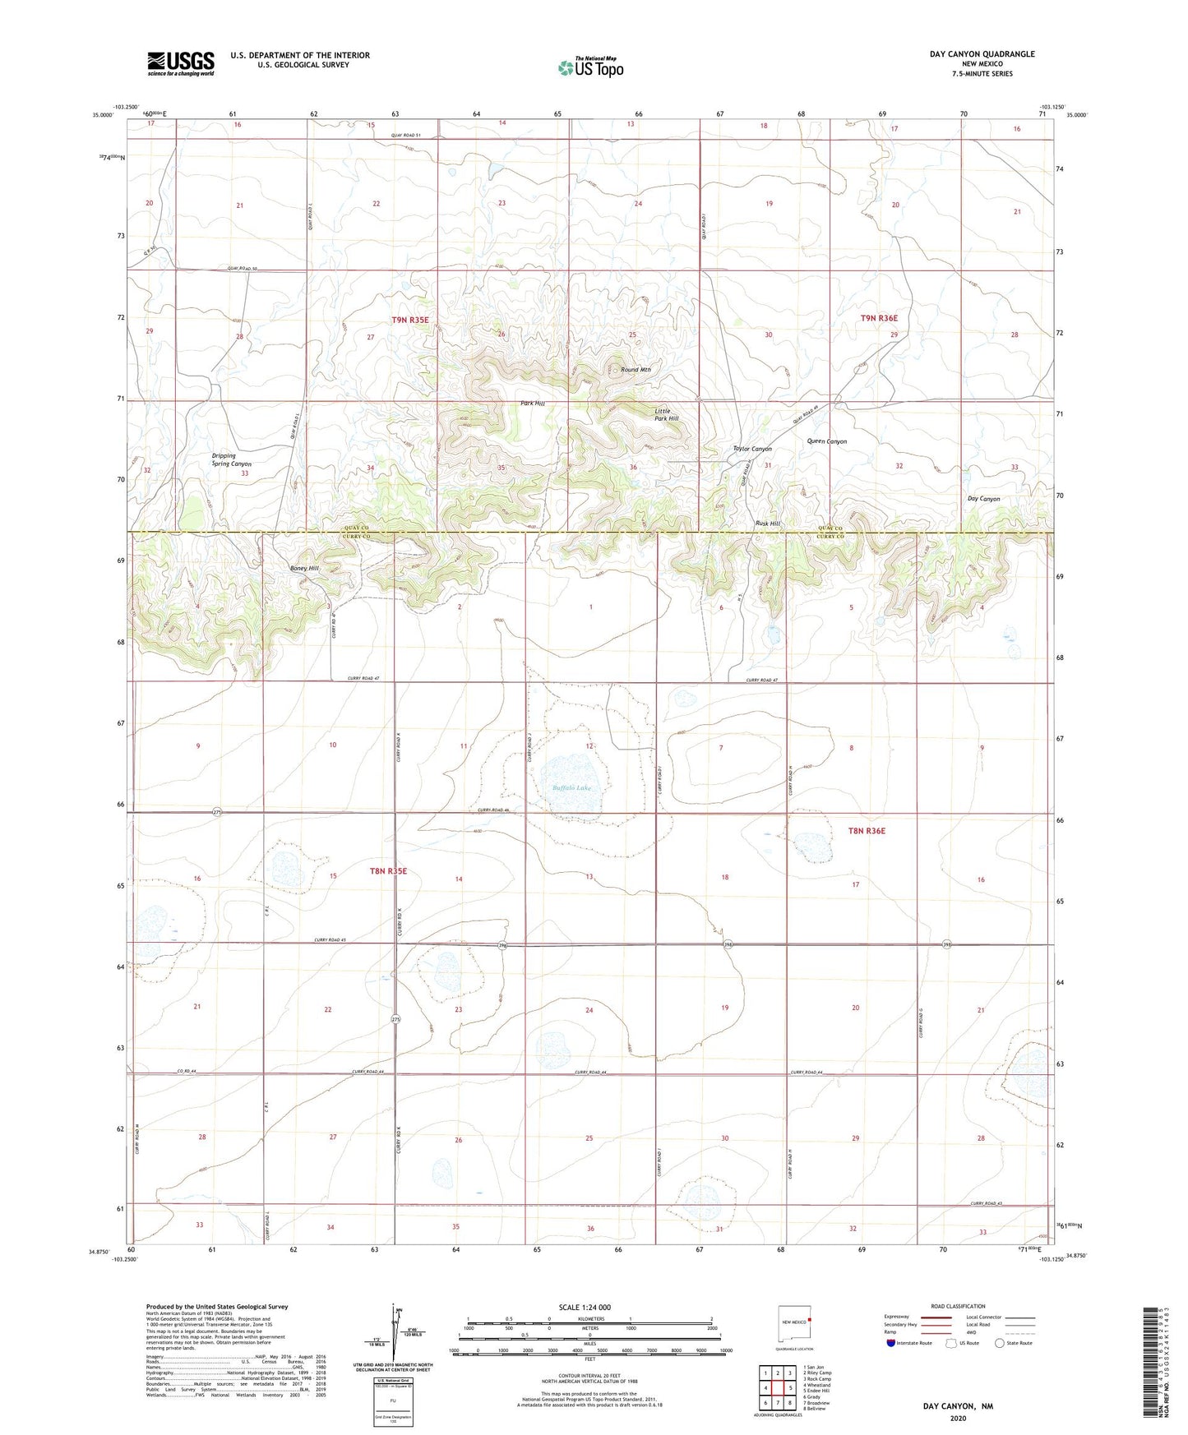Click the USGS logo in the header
pyautogui.click(x=181, y=63)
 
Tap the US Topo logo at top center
pyautogui.click(x=590, y=67)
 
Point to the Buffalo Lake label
pyautogui.click(x=571, y=787)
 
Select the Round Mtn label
pyautogui.click(x=636, y=370)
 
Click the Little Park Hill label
pyautogui.click(x=666, y=415)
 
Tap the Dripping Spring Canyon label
pyautogui.click(x=231, y=459)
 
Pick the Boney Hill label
pyautogui.click(x=303, y=569)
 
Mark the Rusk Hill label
pyautogui.click(x=768, y=524)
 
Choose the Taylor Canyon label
pyautogui.click(x=752, y=449)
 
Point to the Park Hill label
pyautogui.click(x=533, y=404)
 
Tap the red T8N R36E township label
pyautogui.click(x=867, y=831)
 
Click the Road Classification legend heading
pyautogui.click(x=958, y=1306)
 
